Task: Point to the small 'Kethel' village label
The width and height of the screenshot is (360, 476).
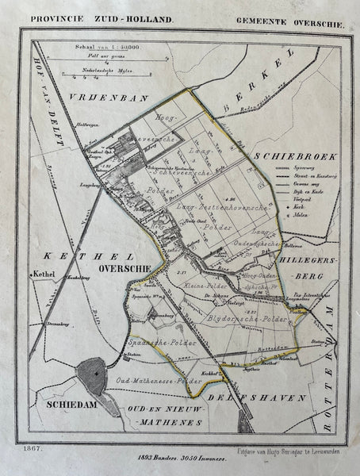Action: (x=43, y=278)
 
